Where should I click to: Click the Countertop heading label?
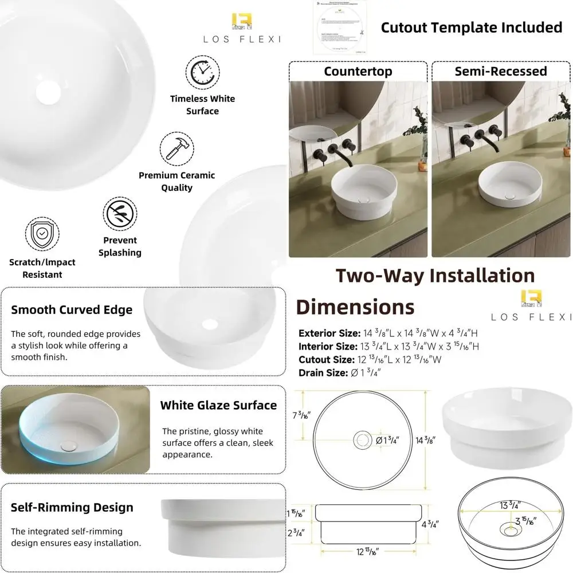pyautogui.click(x=358, y=71)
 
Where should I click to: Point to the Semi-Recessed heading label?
pyautogui.click(x=500, y=71)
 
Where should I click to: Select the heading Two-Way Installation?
pyautogui.click(x=435, y=276)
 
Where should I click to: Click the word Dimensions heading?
pyautogui.click(x=355, y=307)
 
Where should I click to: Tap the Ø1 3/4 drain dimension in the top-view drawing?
pyautogui.click(x=387, y=440)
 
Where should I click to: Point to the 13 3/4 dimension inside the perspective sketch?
pyautogui.click(x=509, y=505)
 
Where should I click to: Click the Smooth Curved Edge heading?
pyautogui.click(x=72, y=310)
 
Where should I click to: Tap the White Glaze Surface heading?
pyautogui.click(x=218, y=405)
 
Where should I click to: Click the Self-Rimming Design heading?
pyautogui.click(x=72, y=507)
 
